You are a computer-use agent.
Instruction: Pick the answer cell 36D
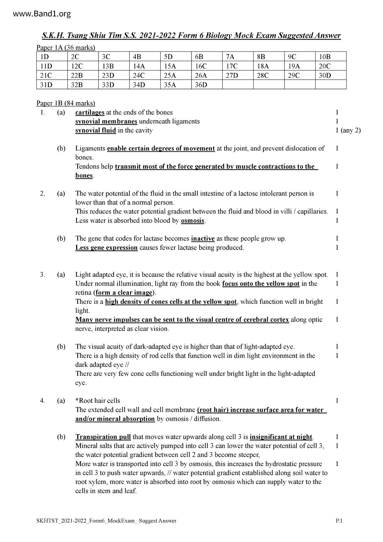(201, 85)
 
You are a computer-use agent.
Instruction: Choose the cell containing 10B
(325, 57)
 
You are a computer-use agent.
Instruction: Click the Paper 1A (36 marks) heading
(66, 48)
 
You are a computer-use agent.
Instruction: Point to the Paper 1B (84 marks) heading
(66, 103)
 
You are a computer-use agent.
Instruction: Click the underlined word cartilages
(90, 112)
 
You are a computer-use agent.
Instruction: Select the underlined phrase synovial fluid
(95, 130)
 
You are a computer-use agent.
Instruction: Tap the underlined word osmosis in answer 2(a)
(192, 221)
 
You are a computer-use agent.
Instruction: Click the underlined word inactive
(203, 239)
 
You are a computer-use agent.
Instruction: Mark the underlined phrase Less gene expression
(106, 248)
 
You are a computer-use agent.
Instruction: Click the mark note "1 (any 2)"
(348, 130)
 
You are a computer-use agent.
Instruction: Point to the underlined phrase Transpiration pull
(103, 437)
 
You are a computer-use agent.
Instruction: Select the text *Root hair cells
(98, 401)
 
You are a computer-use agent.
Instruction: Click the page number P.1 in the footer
(339, 521)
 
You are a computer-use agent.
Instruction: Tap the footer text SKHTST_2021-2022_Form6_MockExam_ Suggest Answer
(106, 521)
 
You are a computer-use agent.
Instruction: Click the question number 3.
(43, 275)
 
